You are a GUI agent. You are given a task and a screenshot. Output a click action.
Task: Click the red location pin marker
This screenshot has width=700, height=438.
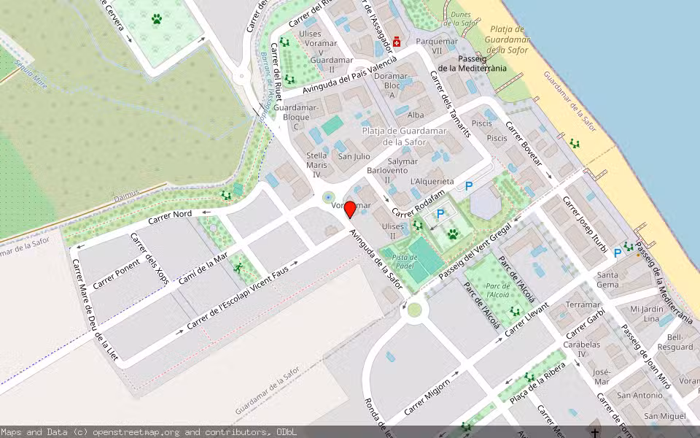(x=350, y=210)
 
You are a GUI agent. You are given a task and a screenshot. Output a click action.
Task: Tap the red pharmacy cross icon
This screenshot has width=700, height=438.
(x=396, y=42)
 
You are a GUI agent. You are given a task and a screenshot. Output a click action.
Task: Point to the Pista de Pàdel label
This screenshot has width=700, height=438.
(x=405, y=261)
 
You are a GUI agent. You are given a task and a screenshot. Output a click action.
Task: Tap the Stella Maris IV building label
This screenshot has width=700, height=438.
(x=316, y=164)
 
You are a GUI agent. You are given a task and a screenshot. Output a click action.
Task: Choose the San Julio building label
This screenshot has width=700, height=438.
(x=354, y=156)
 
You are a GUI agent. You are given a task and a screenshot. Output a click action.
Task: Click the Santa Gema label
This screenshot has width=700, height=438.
(x=607, y=280)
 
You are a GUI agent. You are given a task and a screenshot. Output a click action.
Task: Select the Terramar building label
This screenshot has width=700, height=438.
(x=583, y=304)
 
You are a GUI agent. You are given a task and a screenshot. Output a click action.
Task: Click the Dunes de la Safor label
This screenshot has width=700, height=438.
(x=461, y=19)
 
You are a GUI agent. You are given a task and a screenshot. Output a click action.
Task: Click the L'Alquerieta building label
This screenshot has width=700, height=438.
(x=432, y=181)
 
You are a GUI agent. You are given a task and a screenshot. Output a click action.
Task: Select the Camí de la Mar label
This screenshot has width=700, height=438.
(x=203, y=268)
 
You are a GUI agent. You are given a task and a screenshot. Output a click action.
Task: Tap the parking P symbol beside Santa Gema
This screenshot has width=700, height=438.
(x=618, y=253)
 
